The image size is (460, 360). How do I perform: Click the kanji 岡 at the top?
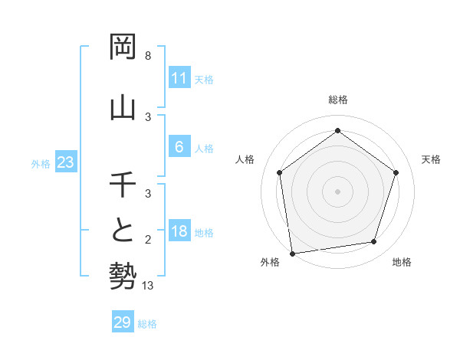pyautogui.click(x=123, y=47)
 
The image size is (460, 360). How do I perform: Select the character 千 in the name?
pyautogui.click(x=123, y=185)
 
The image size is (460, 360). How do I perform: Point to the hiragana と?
pyautogui.click(x=123, y=231)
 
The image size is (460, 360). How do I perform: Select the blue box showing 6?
pyautogui.click(x=179, y=147)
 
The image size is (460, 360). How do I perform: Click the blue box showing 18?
pyautogui.click(x=179, y=231)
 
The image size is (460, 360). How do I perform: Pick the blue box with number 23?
pyautogui.click(x=66, y=162)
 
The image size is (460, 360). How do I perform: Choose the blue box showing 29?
pyautogui.click(x=123, y=322)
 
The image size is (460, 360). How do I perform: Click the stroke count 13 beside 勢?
pyautogui.click(x=149, y=286)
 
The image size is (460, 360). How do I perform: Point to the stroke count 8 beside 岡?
pyautogui.click(x=148, y=56)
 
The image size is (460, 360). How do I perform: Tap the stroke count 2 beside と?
pyautogui.click(x=148, y=240)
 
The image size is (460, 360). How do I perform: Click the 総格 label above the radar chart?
pyautogui.click(x=338, y=100)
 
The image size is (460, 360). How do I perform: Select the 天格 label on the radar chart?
pyautogui.click(x=431, y=159)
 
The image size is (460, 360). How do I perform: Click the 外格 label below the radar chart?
pyautogui.click(x=270, y=262)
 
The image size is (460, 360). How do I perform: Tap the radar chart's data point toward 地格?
pyautogui.click(x=374, y=242)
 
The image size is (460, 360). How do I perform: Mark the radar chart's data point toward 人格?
pyautogui.click(x=280, y=172)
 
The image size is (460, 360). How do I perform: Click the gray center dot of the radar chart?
pyautogui.click(x=338, y=191)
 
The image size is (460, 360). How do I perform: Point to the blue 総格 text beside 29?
pyautogui.click(x=147, y=324)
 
